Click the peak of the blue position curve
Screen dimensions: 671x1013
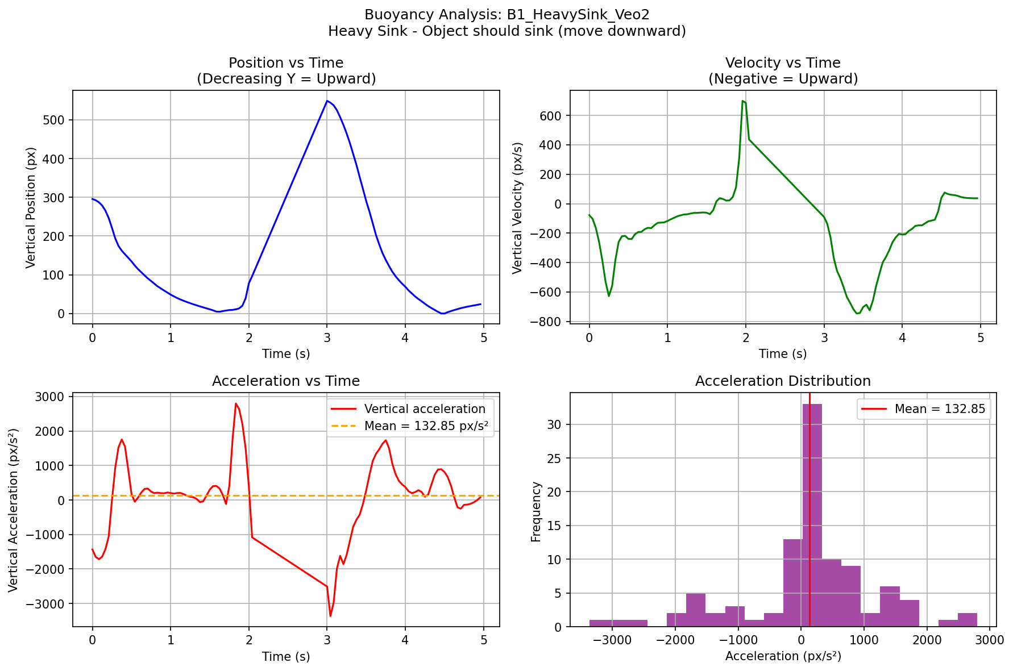[x=327, y=101]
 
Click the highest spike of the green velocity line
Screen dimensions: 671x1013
[x=743, y=101]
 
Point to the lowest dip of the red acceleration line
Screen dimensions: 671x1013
[x=330, y=615]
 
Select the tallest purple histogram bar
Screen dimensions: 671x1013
[x=812, y=514]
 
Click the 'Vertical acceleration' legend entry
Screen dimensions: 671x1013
[x=425, y=409]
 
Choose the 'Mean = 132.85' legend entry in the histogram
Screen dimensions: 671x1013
[x=940, y=409]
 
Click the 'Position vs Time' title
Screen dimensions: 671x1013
[x=286, y=63]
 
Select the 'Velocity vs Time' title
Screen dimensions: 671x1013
[x=783, y=63]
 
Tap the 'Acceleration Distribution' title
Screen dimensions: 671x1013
[x=783, y=381]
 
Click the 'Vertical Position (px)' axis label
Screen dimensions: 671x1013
[x=31, y=207]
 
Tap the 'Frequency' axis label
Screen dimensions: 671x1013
[x=536, y=511]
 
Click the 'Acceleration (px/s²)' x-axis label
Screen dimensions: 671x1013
[x=783, y=656]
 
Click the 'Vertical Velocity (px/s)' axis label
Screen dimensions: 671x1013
[x=517, y=207]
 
